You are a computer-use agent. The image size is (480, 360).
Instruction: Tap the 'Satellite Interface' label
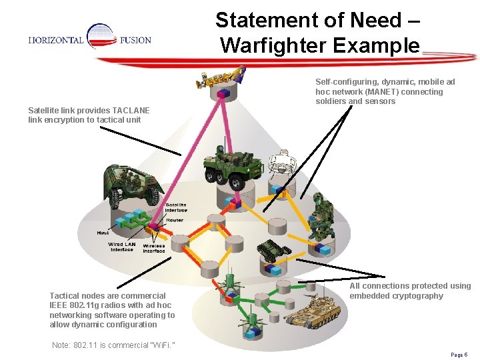pyautogui.click(x=176, y=207)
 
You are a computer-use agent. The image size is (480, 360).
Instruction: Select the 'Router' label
pyautogui.click(x=175, y=220)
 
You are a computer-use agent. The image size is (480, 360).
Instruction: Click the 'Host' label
pyautogui.click(x=103, y=233)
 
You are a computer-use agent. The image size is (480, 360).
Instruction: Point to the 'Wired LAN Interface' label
pyautogui.click(x=122, y=247)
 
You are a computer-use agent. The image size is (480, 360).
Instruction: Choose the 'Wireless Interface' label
pyautogui.click(x=154, y=249)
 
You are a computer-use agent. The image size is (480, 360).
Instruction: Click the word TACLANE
pyautogui.click(x=131, y=110)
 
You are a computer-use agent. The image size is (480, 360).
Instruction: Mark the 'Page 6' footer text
pyautogui.click(x=459, y=355)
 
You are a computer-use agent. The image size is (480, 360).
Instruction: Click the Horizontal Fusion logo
pyautogui.click(x=89, y=40)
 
